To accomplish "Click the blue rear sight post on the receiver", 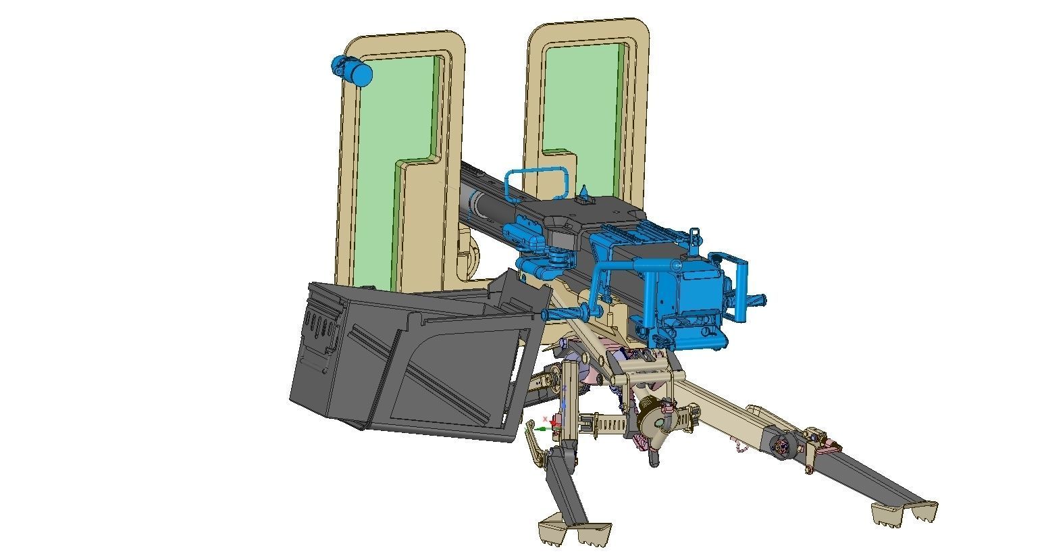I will [x=694, y=237].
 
